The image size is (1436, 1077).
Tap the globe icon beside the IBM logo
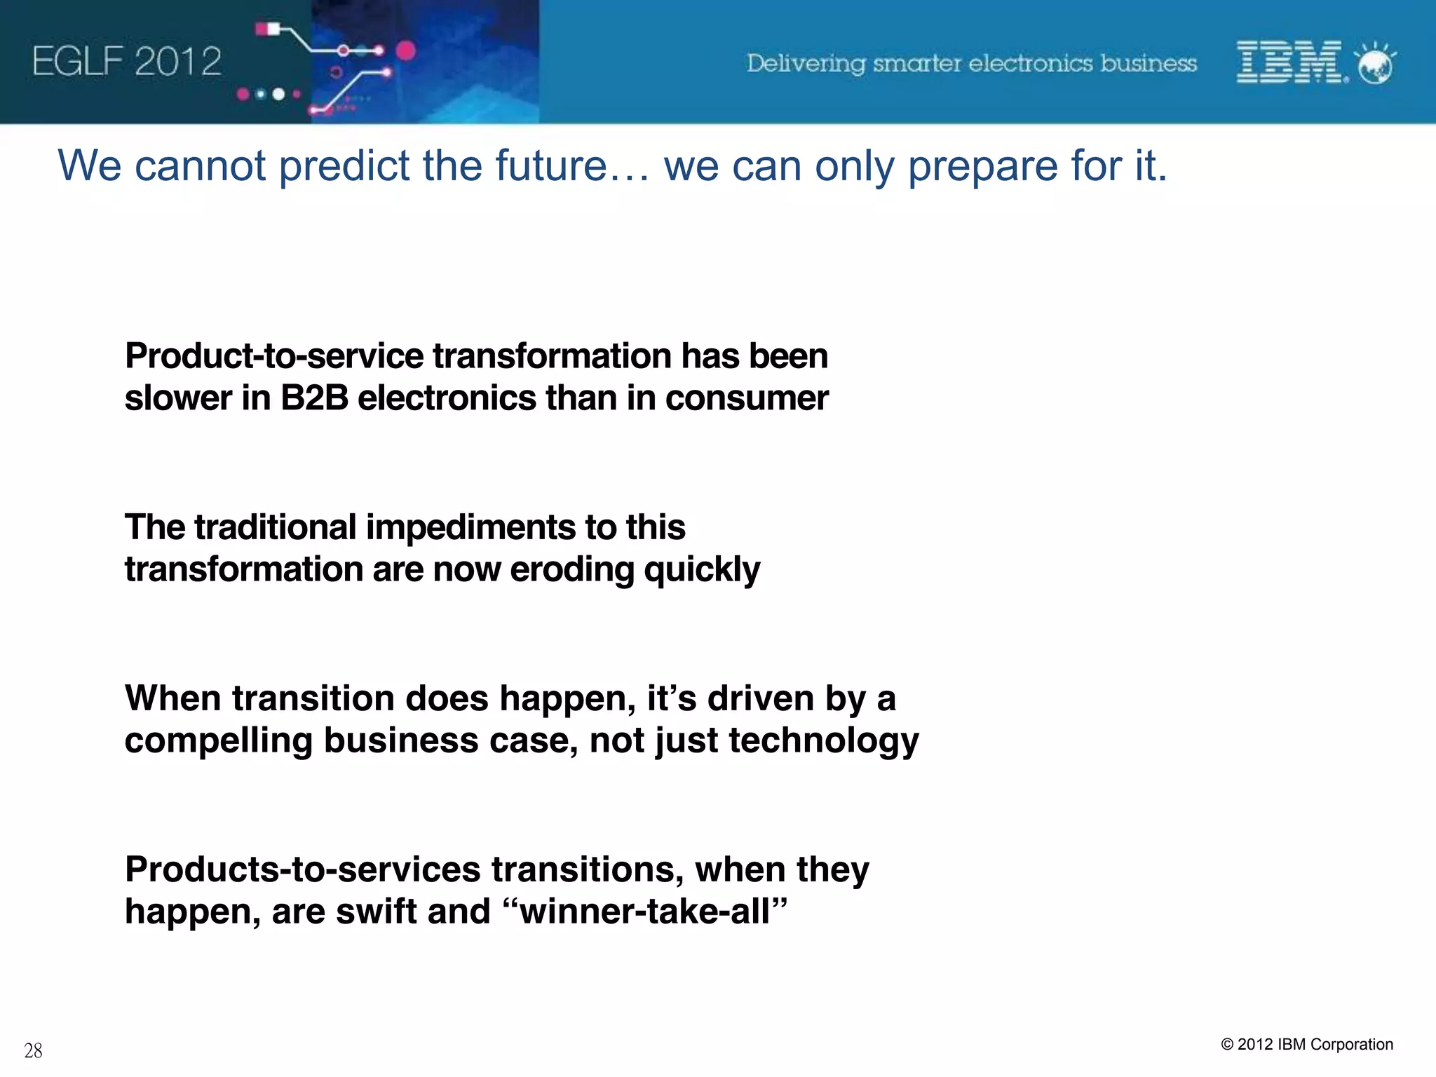click(x=1376, y=65)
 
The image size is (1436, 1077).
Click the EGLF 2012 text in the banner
click(x=127, y=62)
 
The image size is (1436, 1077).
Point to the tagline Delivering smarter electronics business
click(x=971, y=63)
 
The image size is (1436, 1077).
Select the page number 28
click(x=33, y=1050)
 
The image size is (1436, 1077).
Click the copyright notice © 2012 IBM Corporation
click(x=1307, y=1044)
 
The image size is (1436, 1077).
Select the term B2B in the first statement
click(x=314, y=398)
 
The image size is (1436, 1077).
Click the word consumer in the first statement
click(x=747, y=398)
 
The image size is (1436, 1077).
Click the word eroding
click(x=571, y=569)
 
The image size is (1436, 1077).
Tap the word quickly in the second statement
click(x=701, y=569)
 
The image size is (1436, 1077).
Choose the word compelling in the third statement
click(x=218, y=740)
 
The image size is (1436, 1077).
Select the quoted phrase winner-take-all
click(x=645, y=912)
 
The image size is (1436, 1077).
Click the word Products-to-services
click(x=302, y=869)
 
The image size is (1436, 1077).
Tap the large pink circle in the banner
click(x=406, y=50)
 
